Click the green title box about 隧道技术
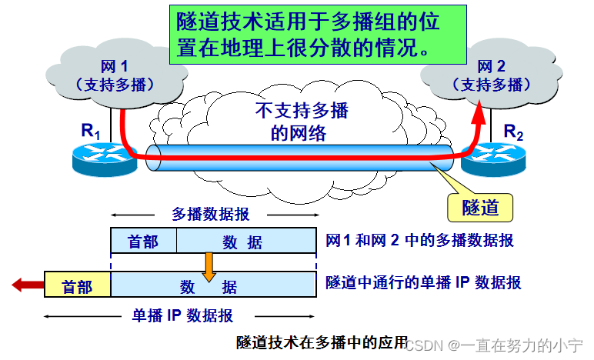click(x=318, y=34)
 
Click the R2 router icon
click(x=492, y=158)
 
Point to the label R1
click(x=91, y=131)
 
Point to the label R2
click(x=513, y=131)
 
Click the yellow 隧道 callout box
click(x=480, y=207)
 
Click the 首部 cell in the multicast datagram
click(x=143, y=242)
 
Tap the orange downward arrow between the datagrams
click(x=209, y=266)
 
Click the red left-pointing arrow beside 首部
click(x=25, y=286)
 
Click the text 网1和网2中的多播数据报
click(x=420, y=241)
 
